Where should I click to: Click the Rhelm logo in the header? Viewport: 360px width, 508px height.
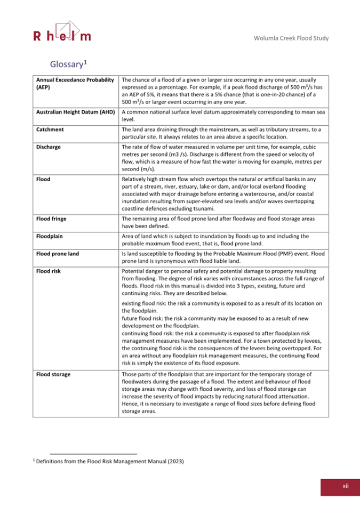[61, 33]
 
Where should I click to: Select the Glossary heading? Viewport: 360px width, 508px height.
[67, 64]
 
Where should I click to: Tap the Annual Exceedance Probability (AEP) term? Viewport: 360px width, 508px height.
[75, 83]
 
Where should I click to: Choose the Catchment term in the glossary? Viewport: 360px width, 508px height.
[50, 130]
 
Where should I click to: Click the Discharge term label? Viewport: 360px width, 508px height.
[50, 147]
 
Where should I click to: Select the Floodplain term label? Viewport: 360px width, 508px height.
[51, 236]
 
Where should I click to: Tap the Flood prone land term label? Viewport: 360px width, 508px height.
[58, 254]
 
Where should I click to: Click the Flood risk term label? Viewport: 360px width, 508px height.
[49, 271]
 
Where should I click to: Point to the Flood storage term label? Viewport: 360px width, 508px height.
[53, 374]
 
